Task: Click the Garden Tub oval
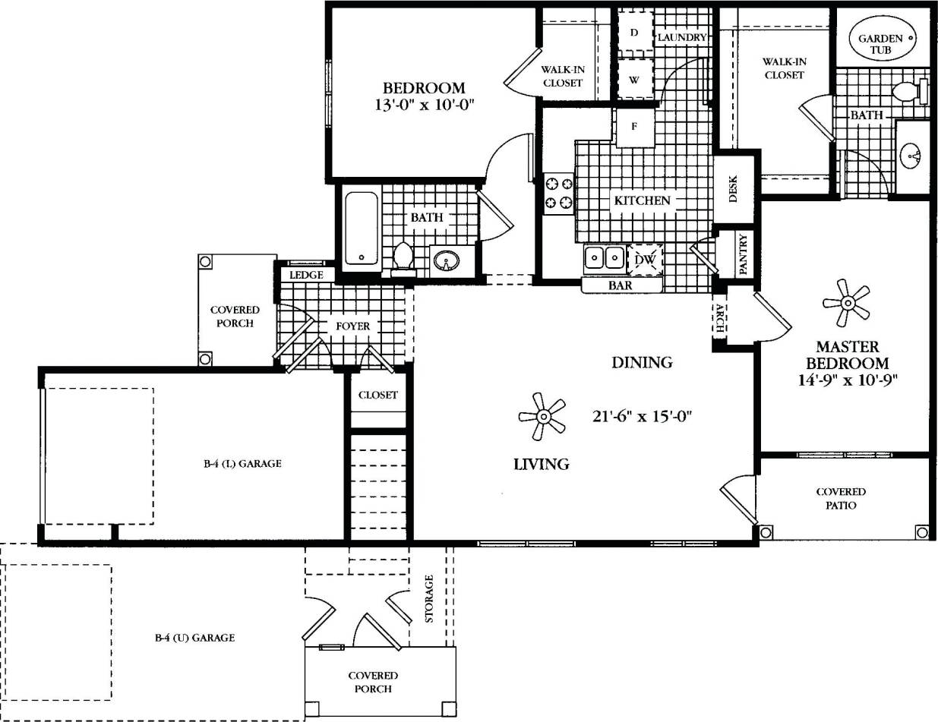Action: [x=881, y=43]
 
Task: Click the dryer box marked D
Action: [x=634, y=33]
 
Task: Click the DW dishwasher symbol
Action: [x=645, y=260]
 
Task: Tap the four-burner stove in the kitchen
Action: [x=558, y=193]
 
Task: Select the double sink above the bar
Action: [x=604, y=258]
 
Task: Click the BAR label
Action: [x=621, y=286]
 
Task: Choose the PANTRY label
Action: [x=743, y=254]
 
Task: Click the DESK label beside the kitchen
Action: [x=734, y=189]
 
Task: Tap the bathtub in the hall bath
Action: [x=362, y=229]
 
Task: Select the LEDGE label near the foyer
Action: [x=307, y=275]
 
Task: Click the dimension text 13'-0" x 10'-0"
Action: [x=424, y=105]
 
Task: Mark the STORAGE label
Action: [x=430, y=598]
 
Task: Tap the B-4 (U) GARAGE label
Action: [x=194, y=638]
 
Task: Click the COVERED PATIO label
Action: [x=841, y=498]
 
